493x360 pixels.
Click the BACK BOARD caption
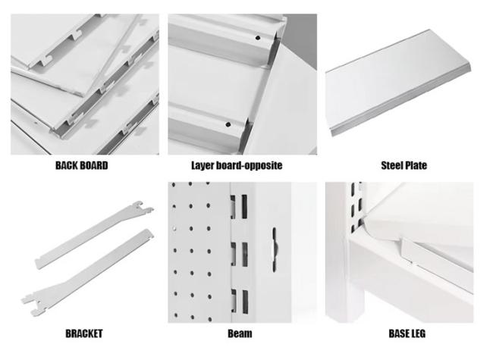[82, 165]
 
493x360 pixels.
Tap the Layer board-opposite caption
[237, 165]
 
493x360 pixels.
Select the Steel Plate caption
[404, 165]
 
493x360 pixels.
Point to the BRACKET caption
[84, 333]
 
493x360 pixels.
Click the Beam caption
[240, 333]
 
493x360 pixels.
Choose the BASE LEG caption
[407, 333]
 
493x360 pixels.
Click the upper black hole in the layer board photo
[258, 38]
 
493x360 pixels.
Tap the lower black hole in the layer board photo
[228, 125]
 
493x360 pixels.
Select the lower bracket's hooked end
[33, 304]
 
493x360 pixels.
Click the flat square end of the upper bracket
[39, 263]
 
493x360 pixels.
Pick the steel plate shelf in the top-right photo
[398, 83]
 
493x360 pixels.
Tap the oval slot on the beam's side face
[275, 249]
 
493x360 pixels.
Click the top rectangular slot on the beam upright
[244, 206]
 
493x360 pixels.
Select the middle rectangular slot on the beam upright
[245, 255]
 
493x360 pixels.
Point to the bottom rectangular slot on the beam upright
[245, 302]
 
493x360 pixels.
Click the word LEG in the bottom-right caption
[417, 333]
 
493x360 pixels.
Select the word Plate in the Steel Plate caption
[416, 165]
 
